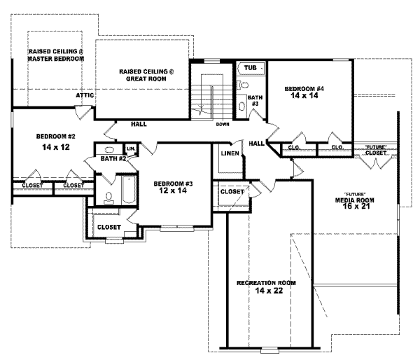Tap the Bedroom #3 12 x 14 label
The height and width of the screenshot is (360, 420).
pyautogui.click(x=171, y=187)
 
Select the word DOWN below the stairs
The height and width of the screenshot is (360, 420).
pyautogui.click(x=223, y=125)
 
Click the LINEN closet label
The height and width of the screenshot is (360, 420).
pyautogui.click(x=229, y=153)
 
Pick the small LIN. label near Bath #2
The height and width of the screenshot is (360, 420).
pyautogui.click(x=130, y=148)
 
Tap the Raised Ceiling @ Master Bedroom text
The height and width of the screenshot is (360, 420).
pyautogui.click(x=55, y=55)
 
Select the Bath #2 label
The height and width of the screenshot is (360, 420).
pyautogui.click(x=112, y=160)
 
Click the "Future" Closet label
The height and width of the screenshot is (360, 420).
pyautogui.click(x=375, y=149)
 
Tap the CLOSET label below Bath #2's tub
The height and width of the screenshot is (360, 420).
pyautogui.click(x=108, y=227)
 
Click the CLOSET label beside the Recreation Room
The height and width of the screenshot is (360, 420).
pyautogui.click(x=232, y=191)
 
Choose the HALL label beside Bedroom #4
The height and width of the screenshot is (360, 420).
pyautogui.click(x=256, y=143)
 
